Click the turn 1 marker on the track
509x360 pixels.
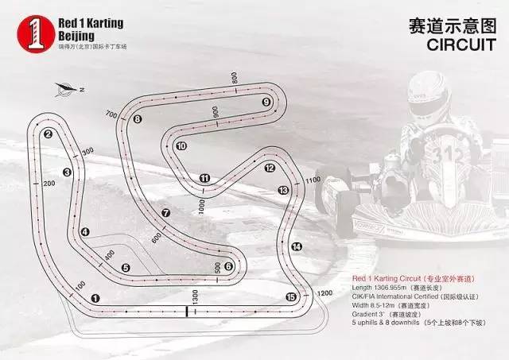(x=95, y=298)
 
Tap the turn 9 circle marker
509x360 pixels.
(x=267, y=102)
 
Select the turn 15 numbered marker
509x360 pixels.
(x=290, y=297)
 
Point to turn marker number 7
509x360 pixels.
(x=165, y=212)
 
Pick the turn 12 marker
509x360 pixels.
(x=270, y=168)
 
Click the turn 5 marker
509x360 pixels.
(x=126, y=268)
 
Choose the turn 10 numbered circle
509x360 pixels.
(x=181, y=146)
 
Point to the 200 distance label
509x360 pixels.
(x=49, y=184)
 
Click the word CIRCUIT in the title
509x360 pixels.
(x=460, y=45)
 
